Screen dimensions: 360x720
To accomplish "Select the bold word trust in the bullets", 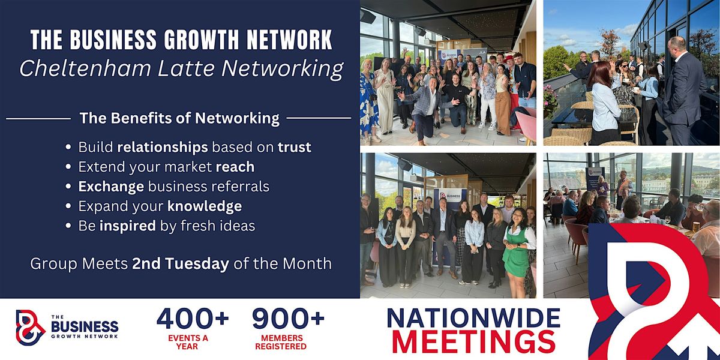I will (x=295, y=147).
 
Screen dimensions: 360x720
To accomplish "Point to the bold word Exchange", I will (x=111, y=187).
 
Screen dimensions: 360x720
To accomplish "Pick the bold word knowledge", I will (x=205, y=206).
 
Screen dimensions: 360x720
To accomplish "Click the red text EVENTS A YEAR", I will (x=193, y=342).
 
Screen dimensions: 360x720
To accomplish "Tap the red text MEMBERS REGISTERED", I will (x=280, y=342).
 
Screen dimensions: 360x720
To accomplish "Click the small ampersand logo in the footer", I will (x=30, y=328).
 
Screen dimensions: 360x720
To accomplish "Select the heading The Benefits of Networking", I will (x=179, y=118).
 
